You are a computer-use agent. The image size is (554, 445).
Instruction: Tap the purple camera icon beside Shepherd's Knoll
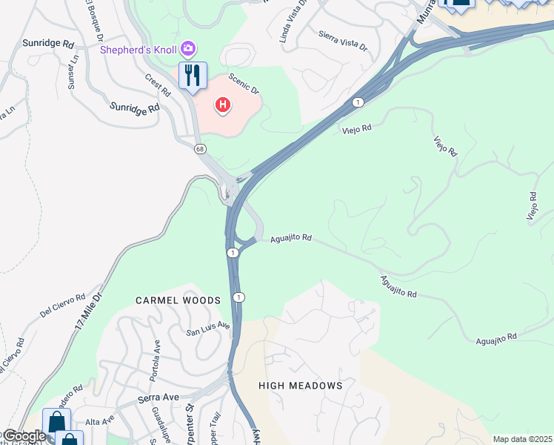point(189,49)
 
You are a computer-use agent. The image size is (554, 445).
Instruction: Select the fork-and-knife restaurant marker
point(193,76)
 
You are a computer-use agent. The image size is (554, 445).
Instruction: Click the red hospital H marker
point(222,105)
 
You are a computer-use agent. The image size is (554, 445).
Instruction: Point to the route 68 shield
point(201,149)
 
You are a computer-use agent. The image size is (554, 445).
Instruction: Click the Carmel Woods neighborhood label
point(178,300)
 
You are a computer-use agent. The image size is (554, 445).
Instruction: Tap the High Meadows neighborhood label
point(300,386)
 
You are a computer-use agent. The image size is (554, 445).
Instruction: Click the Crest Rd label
point(158,84)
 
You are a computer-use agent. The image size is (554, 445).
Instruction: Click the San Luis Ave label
point(208,329)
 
